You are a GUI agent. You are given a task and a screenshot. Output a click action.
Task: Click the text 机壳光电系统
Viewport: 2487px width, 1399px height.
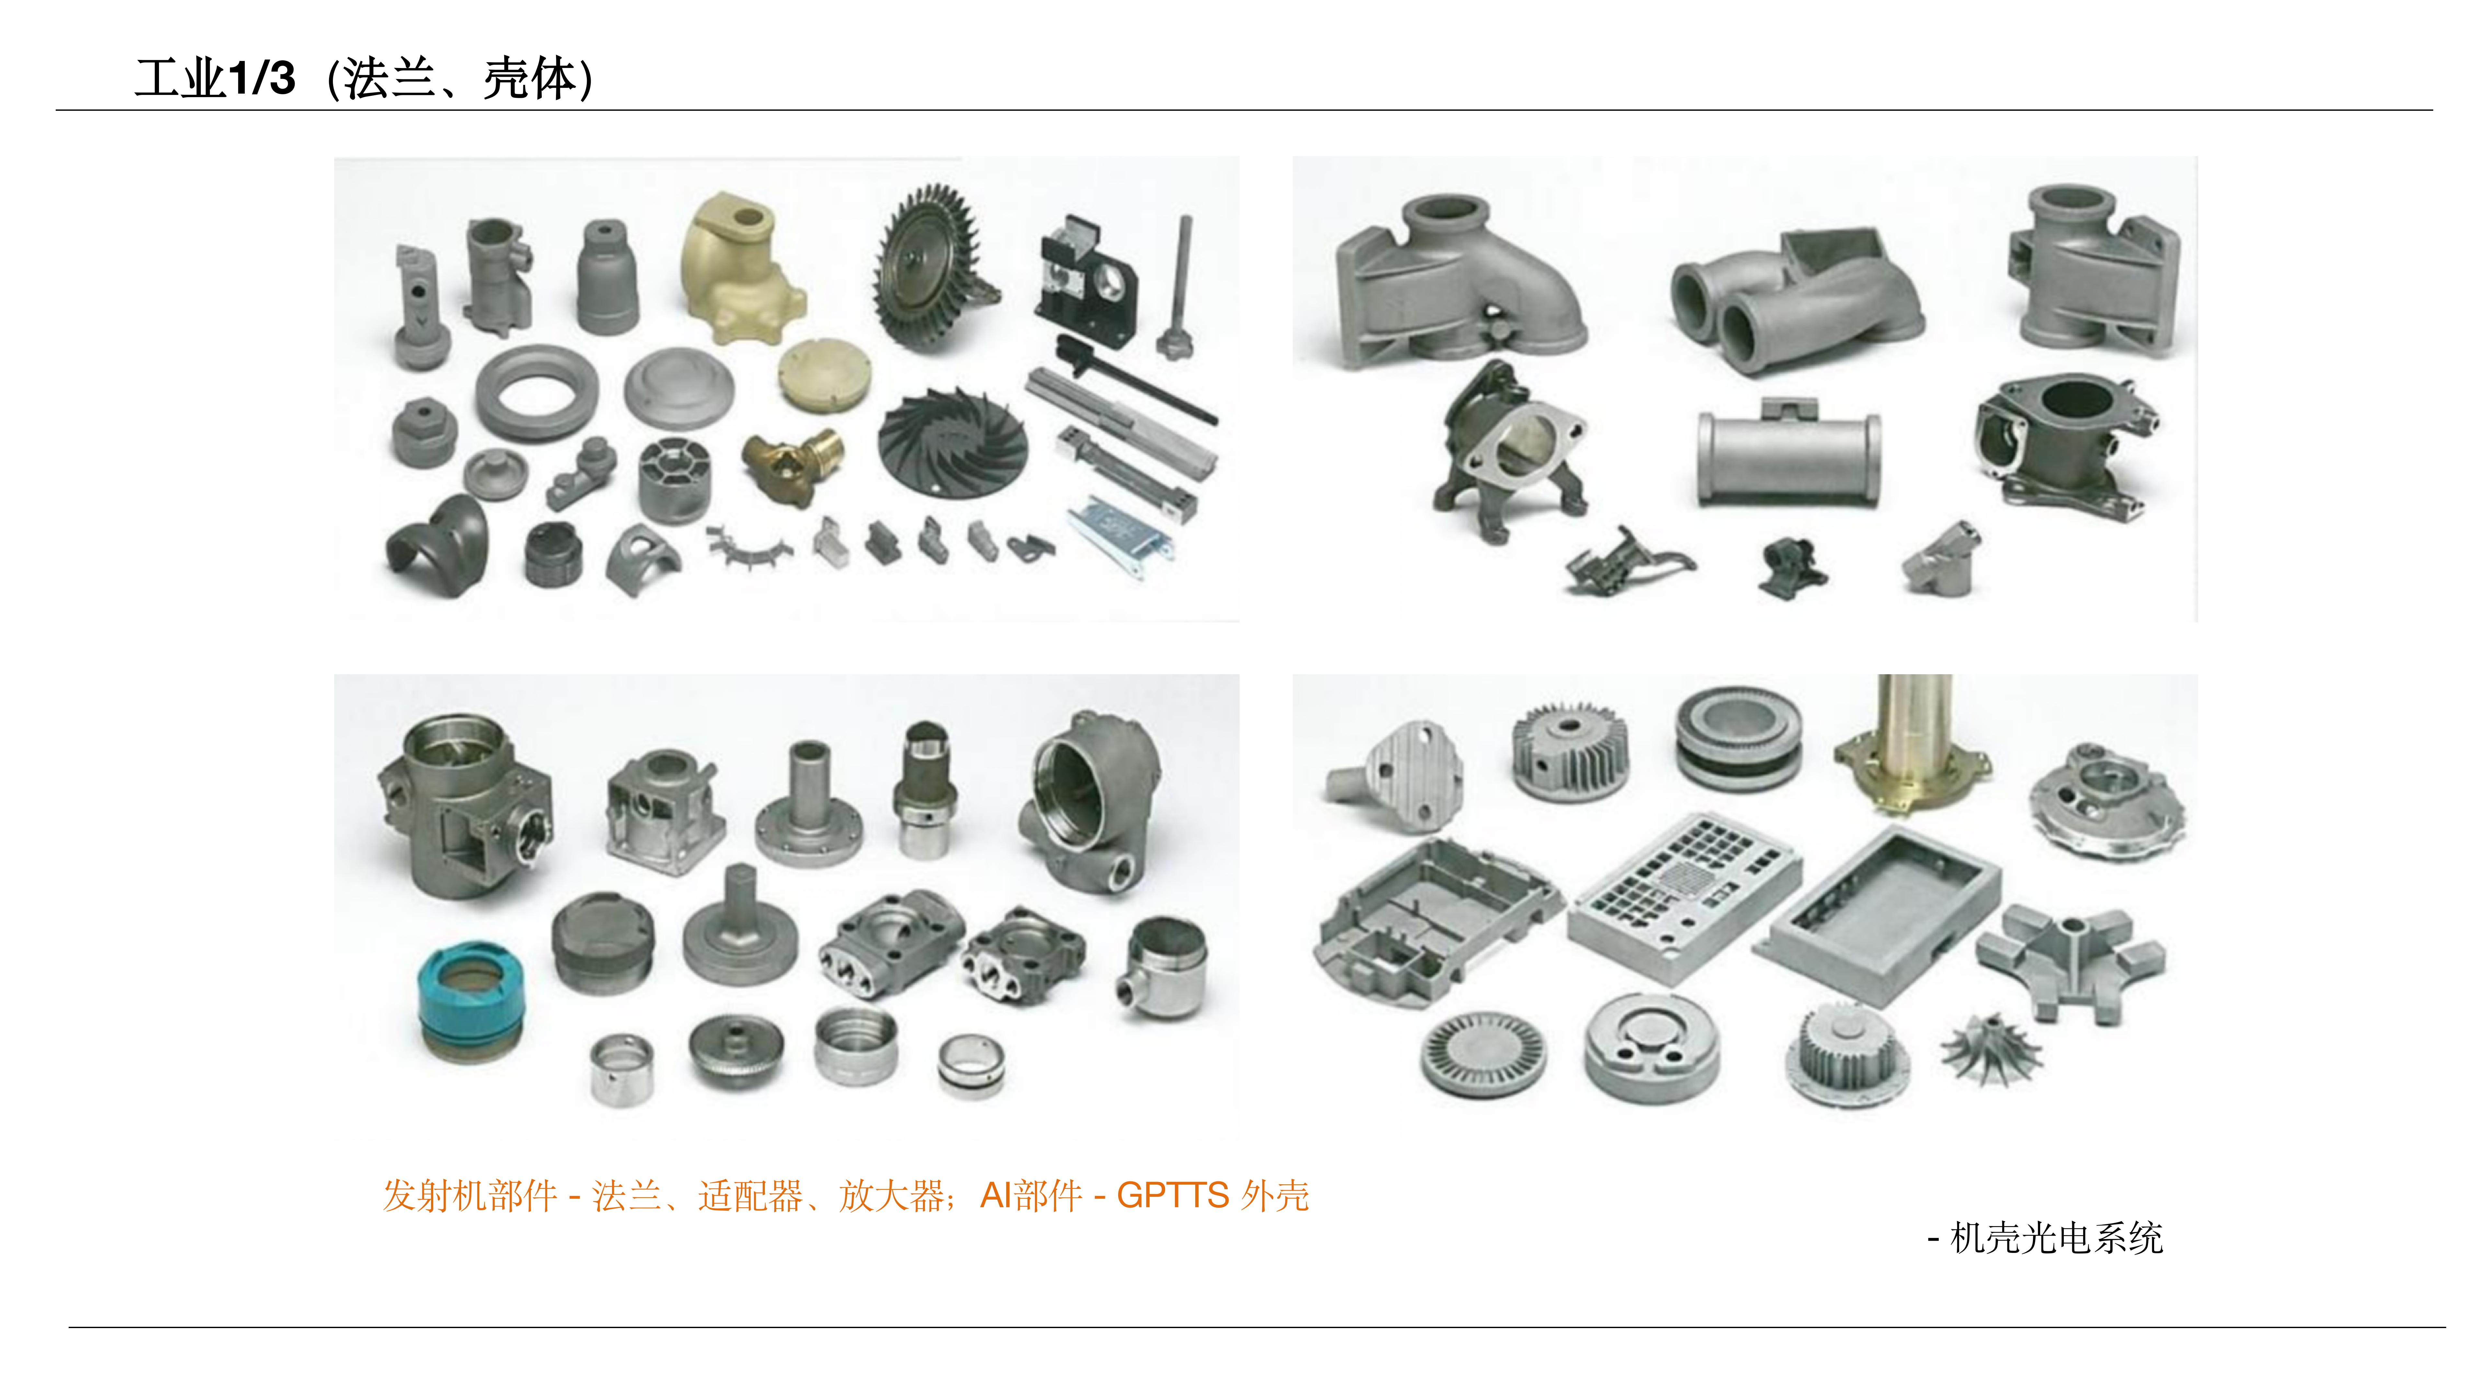pyautogui.click(x=2056, y=1238)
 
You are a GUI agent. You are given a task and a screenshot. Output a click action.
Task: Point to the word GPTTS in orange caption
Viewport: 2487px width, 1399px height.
pyautogui.click(x=1172, y=1195)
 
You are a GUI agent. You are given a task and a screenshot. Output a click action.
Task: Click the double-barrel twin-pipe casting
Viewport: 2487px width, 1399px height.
pyautogui.click(x=1796, y=299)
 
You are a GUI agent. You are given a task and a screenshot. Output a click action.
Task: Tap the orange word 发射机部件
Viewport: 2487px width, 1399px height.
pyautogui.click(x=469, y=1195)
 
